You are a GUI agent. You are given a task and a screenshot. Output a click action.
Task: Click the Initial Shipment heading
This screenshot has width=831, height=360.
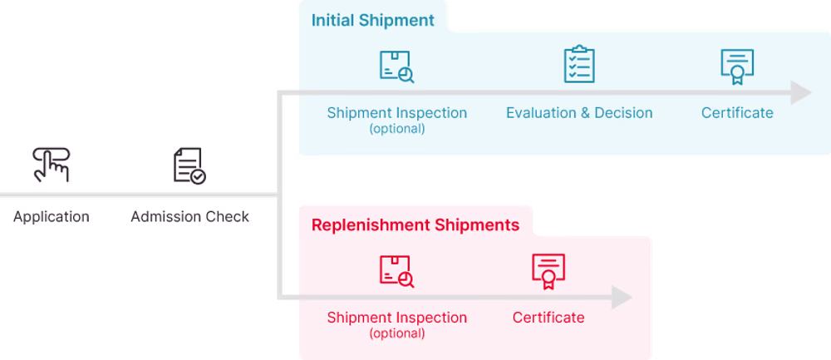tap(372, 20)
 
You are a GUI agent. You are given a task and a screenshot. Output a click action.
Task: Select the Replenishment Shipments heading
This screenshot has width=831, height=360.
tap(415, 224)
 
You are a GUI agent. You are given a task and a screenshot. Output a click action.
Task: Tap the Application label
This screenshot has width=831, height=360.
tap(51, 217)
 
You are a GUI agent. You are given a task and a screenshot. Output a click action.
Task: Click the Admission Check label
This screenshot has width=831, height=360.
tap(190, 217)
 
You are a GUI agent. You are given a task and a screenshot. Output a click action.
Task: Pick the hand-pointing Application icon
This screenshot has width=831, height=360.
tap(51, 165)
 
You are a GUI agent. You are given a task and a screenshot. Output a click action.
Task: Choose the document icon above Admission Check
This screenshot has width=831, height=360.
tap(189, 165)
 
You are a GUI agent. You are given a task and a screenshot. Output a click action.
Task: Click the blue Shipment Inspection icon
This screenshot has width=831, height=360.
tap(396, 67)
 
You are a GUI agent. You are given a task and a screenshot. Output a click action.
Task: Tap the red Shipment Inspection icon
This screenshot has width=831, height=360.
tap(396, 271)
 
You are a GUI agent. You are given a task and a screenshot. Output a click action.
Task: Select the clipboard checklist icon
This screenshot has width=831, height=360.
tap(579, 65)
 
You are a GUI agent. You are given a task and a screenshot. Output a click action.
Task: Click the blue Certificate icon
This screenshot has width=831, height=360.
tap(737, 67)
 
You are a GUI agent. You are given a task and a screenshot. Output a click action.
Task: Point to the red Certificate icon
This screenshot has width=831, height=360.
tap(548, 271)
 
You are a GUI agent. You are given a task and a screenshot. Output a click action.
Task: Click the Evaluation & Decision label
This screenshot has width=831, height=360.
tap(579, 112)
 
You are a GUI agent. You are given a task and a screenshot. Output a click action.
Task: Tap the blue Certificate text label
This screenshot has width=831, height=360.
tap(737, 112)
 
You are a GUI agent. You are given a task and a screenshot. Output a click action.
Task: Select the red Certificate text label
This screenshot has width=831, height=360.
tap(548, 318)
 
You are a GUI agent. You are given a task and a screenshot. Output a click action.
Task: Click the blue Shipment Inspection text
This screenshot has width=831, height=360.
tap(396, 112)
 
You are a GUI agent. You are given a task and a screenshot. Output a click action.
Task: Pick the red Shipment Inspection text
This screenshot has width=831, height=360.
tap(396, 318)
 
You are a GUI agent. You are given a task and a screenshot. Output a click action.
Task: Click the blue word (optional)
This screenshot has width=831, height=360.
tap(396, 129)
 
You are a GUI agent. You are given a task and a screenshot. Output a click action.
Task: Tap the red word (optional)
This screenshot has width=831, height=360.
tap(396, 333)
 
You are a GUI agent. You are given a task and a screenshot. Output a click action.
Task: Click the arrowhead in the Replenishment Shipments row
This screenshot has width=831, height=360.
tap(622, 297)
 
